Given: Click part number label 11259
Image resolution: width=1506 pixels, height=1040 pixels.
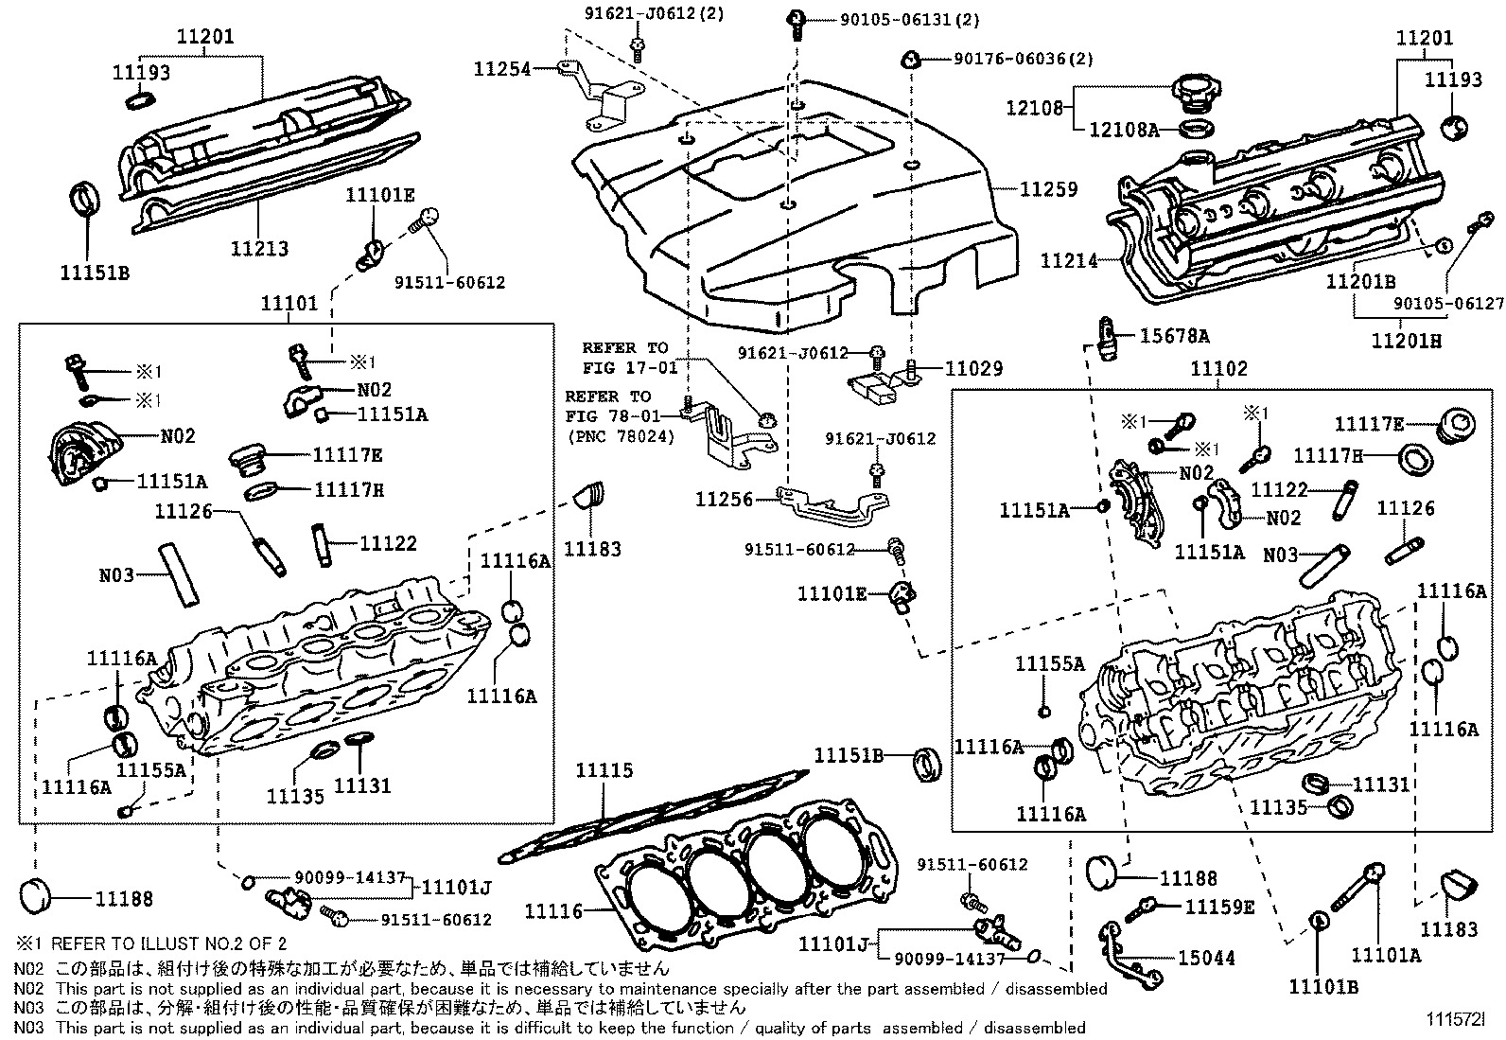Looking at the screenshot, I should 1048,189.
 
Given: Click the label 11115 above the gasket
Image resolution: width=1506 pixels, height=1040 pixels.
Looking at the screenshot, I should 604,771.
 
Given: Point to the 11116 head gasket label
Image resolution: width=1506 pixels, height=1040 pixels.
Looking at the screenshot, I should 553,910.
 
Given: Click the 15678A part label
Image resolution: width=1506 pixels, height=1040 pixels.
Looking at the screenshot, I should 1174,336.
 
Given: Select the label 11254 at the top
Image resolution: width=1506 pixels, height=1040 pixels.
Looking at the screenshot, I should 502,68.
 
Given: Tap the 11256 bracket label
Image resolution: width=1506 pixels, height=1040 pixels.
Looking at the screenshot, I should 724,499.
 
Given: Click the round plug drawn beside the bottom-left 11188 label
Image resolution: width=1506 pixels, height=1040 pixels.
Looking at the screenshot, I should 39,895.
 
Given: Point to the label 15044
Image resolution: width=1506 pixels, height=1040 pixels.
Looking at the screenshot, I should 1206,958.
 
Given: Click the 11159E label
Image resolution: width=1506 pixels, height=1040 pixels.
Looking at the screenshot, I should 1219,907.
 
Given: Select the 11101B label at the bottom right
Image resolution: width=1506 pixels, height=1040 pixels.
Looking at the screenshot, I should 1322,986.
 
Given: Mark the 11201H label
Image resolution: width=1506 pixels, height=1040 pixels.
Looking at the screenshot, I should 1407,340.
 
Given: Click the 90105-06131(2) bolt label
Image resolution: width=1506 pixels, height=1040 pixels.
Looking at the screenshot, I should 896,19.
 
